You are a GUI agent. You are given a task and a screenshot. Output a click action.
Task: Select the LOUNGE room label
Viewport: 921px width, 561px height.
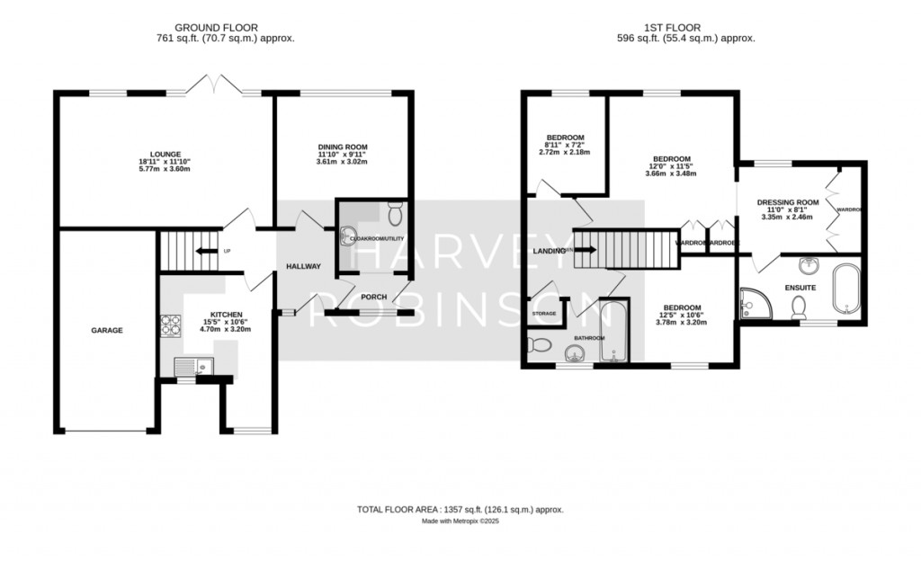tap(165, 154)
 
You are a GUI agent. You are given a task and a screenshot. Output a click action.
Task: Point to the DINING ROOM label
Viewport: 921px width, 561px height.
tap(343, 147)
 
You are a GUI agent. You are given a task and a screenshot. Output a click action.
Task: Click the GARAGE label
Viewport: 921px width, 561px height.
tap(106, 330)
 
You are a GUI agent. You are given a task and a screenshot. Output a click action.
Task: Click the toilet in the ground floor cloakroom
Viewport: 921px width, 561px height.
tap(394, 213)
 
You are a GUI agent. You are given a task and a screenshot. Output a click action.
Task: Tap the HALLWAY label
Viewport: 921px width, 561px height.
tap(303, 266)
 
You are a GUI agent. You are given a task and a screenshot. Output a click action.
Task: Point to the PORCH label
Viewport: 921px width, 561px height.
tap(373, 297)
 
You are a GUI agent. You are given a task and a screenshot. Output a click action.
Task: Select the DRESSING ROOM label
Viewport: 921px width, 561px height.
tap(787, 202)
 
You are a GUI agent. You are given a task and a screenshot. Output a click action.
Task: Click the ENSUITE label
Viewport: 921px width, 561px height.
tap(800, 288)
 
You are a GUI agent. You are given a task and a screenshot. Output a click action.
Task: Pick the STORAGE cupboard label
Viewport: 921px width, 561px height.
tap(544, 314)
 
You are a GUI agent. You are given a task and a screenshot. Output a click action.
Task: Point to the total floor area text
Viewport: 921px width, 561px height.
tap(460, 510)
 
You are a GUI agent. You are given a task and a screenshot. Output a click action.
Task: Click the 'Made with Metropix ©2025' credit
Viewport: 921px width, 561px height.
tap(460, 521)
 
